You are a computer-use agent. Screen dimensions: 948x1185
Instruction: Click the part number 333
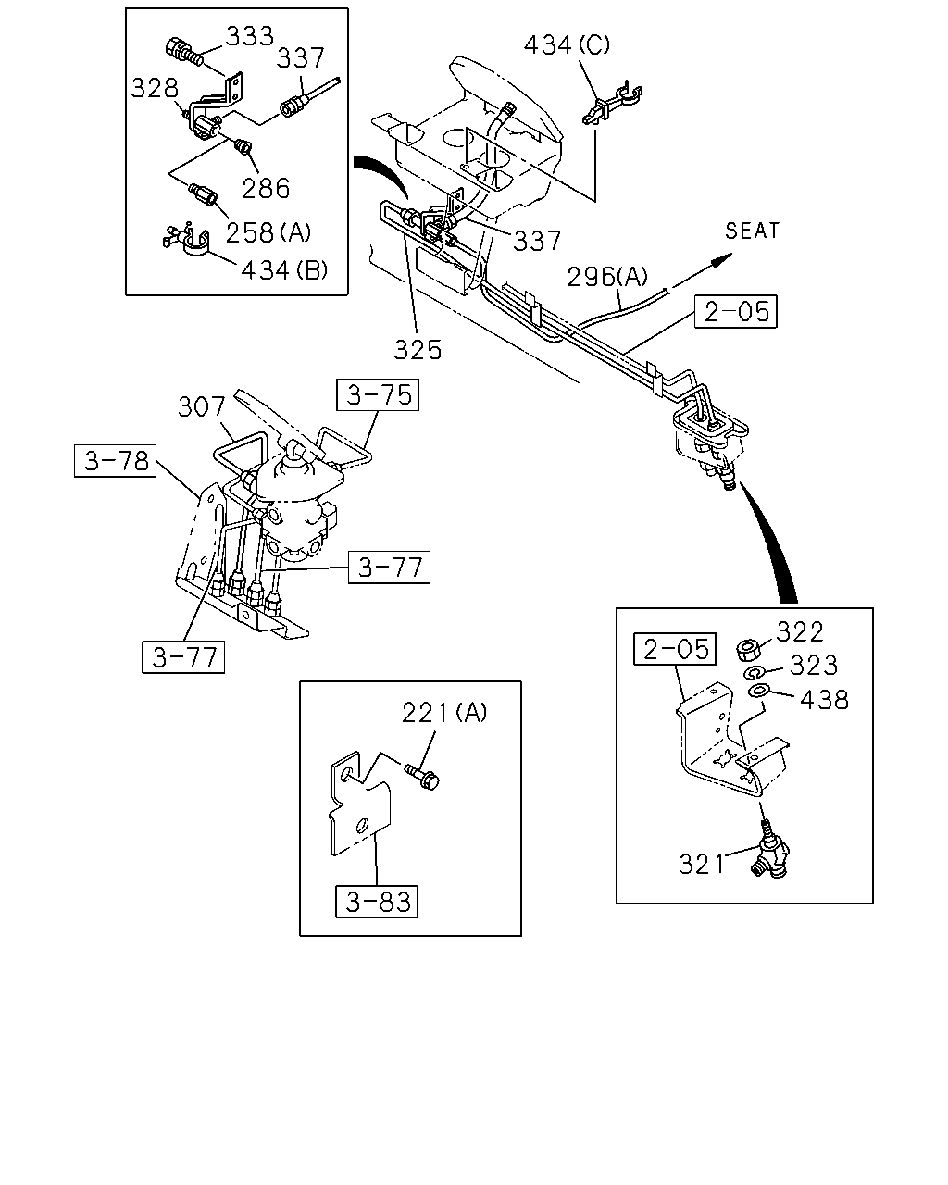(250, 37)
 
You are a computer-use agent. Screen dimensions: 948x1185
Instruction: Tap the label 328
(155, 88)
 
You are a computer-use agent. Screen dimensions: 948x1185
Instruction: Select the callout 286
(266, 188)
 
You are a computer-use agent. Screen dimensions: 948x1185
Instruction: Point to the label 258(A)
(268, 232)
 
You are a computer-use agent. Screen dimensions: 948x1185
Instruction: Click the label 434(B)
(284, 270)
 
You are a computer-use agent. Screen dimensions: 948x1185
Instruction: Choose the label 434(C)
(567, 45)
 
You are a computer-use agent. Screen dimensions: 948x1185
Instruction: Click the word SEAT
(752, 231)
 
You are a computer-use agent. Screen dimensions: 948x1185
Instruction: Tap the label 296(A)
(607, 277)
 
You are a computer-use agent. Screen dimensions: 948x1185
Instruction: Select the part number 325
(418, 350)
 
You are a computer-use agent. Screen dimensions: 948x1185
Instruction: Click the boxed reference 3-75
(378, 394)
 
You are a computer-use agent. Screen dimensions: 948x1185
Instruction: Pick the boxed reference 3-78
(115, 461)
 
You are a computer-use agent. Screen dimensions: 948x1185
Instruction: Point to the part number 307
(202, 407)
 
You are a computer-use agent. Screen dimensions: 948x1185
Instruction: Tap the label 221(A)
(444, 713)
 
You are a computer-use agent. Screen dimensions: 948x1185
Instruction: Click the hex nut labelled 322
(748, 650)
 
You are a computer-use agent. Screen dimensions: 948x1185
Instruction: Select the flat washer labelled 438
(760, 691)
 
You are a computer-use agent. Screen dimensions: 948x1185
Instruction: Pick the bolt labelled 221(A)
(422, 776)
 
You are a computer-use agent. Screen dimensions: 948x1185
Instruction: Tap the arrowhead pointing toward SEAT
(722, 259)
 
